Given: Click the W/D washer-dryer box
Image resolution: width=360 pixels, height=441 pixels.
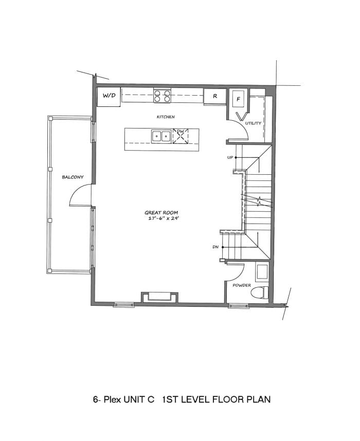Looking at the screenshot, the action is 109,97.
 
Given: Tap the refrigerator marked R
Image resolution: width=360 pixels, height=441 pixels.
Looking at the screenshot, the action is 215,97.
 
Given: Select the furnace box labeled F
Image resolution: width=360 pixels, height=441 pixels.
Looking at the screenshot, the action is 238,99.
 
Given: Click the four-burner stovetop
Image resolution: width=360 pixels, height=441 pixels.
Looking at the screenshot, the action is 162,96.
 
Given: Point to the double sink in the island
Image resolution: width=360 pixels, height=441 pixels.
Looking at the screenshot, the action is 161,136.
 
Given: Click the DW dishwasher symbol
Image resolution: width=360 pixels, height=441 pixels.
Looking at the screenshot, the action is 181,136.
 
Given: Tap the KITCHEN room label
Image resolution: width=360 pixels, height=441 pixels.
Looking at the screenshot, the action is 166,117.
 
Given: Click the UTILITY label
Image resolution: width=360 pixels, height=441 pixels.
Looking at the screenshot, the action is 253,123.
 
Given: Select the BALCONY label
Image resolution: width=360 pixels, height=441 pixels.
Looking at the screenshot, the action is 73,177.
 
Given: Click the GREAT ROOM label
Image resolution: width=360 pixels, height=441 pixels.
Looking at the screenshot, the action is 161,213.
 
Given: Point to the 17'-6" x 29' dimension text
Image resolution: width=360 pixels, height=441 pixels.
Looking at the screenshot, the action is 164,218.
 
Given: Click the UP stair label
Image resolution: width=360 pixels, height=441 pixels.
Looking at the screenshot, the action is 230,157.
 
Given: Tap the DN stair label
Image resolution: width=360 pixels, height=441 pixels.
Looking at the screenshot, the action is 215,247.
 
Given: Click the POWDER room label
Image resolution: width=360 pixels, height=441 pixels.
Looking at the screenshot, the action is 242,285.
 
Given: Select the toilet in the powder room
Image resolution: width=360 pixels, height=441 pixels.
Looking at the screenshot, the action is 259,292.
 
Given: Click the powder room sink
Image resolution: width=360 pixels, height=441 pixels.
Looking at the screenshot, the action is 262,272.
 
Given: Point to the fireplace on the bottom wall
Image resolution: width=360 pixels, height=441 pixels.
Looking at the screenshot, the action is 159,297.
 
